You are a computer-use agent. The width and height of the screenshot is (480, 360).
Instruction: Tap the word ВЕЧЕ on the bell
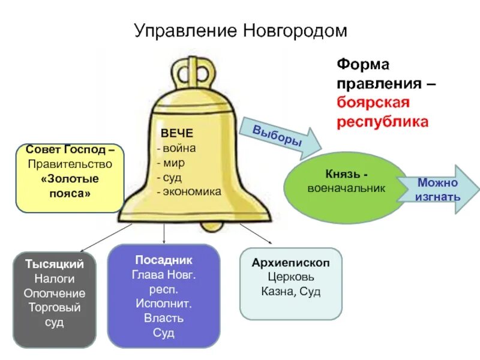click(177, 133)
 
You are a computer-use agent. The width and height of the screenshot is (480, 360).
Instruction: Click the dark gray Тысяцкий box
click(55, 301)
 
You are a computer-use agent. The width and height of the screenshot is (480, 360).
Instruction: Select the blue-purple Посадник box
click(163, 296)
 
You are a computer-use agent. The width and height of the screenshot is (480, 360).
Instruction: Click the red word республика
click(382, 121)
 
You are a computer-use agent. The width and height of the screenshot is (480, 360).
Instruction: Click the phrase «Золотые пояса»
click(70, 186)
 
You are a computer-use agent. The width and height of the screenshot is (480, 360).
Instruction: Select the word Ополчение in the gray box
click(55, 293)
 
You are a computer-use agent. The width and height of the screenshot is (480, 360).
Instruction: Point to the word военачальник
click(346, 188)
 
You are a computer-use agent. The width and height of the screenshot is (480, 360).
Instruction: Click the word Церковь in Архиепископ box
click(291, 277)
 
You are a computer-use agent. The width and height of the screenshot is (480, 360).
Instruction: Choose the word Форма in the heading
click(358, 64)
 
